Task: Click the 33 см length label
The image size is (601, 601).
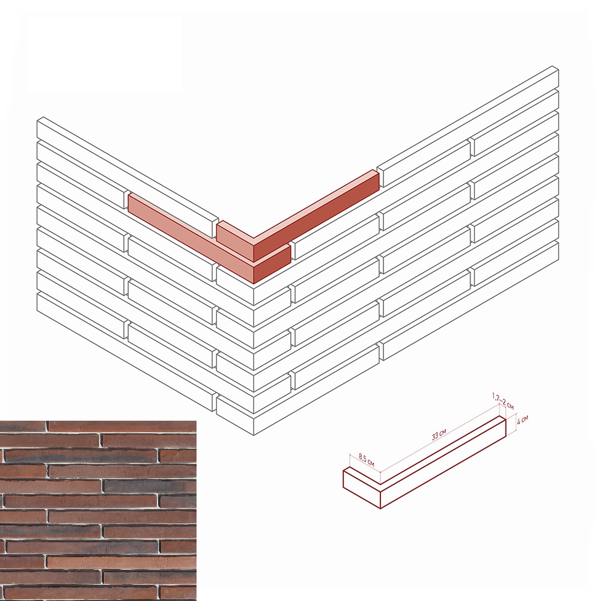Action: tap(439, 435)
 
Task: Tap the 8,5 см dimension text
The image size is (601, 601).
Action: tap(367, 460)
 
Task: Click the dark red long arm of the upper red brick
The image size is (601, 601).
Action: tap(316, 217)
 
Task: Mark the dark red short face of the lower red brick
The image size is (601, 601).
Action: tap(272, 264)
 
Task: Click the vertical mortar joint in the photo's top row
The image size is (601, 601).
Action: tap(48, 426)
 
